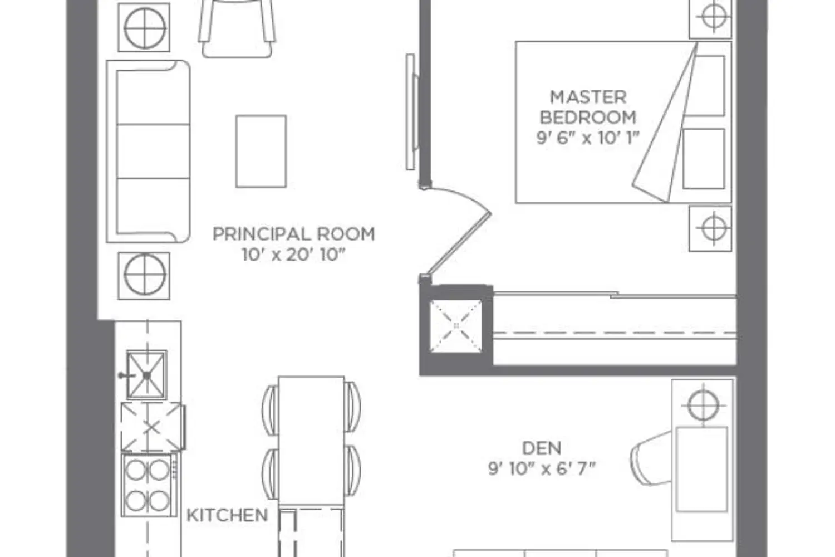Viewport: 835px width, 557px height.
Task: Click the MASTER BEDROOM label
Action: pyautogui.click(x=588, y=108)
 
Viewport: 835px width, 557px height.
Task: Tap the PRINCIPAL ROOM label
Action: pyautogui.click(x=294, y=234)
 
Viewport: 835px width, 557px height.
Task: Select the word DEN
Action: pyautogui.click(x=542, y=448)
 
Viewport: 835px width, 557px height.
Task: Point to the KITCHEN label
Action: pyautogui.click(x=227, y=515)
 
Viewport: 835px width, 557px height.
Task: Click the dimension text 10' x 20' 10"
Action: pyautogui.click(x=294, y=255)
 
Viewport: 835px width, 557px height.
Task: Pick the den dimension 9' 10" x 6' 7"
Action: pyautogui.click(x=542, y=468)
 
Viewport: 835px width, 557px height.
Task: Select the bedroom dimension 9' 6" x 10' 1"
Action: pyautogui.click(x=588, y=138)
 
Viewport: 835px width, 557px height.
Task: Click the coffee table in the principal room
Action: pyautogui.click(x=261, y=151)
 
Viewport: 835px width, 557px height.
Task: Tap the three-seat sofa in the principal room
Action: pyautogui.click(x=149, y=152)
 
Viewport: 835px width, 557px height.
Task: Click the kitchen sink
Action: pyautogui.click(x=146, y=374)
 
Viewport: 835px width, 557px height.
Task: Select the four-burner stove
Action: pyautogui.click(x=149, y=485)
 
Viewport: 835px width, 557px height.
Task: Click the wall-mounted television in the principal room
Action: pyautogui.click(x=412, y=112)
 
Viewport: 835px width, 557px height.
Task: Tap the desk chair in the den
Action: pyautogui.click(x=653, y=458)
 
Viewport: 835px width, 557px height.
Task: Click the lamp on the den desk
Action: pyautogui.click(x=703, y=405)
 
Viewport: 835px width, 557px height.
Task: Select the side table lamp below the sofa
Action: pyautogui.click(x=144, y=276)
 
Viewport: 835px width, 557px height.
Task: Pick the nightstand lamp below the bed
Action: pyautogui.click(x=710, y=228)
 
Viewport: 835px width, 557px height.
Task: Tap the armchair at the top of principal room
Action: pyautogui.click(x=237, y=28)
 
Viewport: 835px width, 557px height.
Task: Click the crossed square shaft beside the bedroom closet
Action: pyautogui.click(x=456, y=326)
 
